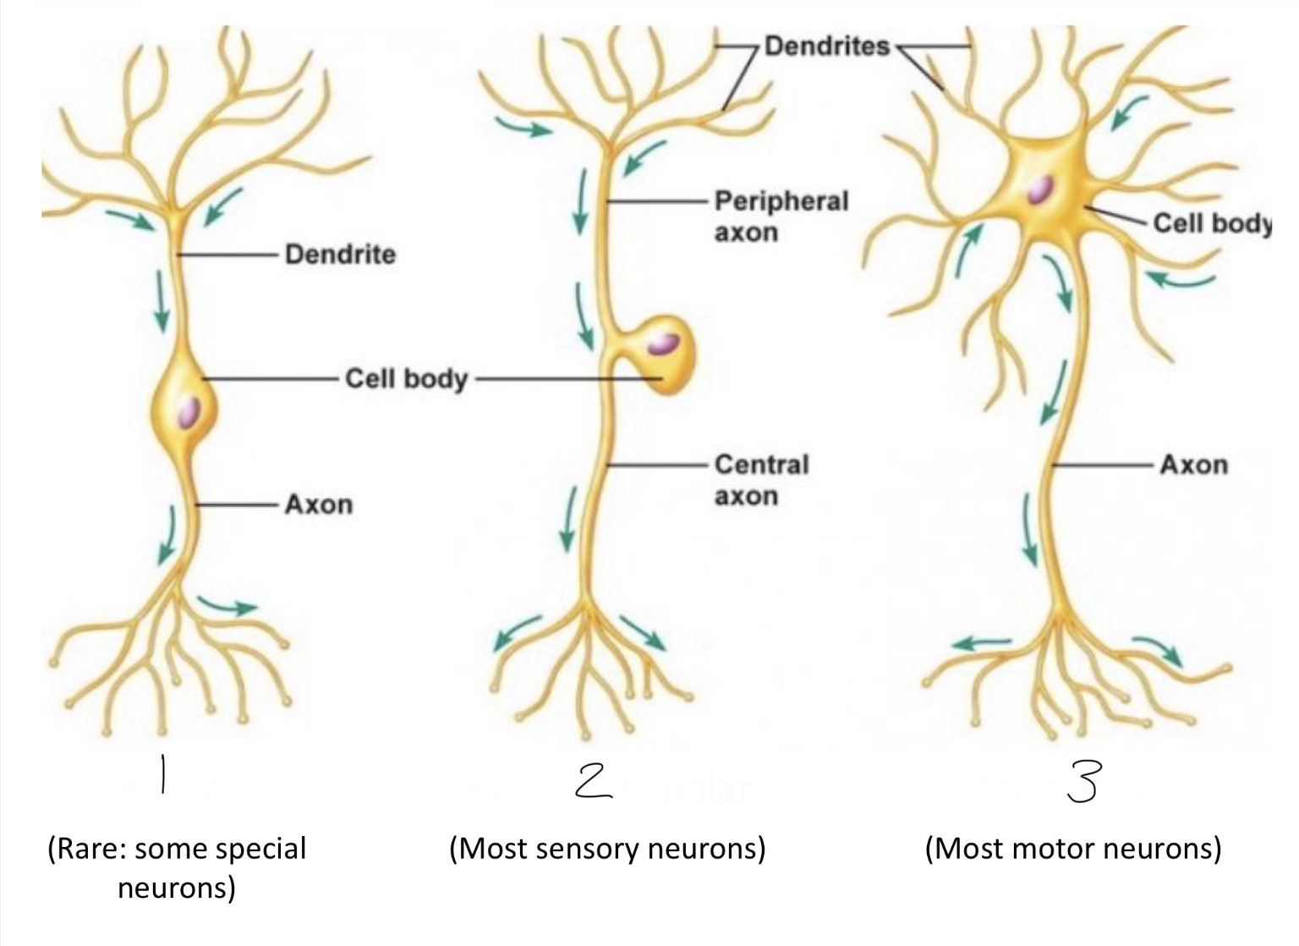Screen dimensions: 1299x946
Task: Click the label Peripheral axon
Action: [x=781, y=217]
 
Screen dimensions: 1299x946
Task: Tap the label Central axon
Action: [x=761, y=480]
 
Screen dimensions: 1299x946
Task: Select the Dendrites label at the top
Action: [x=827, y=46]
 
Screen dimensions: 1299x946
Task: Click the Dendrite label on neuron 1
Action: [x=341, y=254]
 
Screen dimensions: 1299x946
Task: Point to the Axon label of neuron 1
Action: [x=319, y=504]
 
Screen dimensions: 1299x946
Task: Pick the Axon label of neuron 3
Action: [x=1194, y=465]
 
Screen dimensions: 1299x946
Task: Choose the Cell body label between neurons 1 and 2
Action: [x=407, y=379]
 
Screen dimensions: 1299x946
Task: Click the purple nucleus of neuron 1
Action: [x=189, y=412]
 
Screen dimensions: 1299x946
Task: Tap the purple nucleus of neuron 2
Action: [x=663, y=344]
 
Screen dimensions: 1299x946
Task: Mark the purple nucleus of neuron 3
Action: [x=1039, y=190]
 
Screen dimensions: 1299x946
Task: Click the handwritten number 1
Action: [x=163, y=774]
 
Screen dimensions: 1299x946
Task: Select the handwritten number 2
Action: [x=593, y=781]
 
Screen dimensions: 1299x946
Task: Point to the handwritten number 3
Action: [x=1083, y=782]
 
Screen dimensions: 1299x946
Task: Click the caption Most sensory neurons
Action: [x=608, y=849]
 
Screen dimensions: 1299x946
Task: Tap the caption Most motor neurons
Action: [x=1073, y=849]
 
